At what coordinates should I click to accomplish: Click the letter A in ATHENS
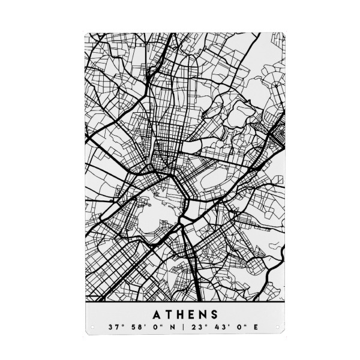click(157, 314)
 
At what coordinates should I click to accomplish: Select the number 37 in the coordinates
click(112, 328)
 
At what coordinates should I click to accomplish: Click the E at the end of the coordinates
click(239, 328)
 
